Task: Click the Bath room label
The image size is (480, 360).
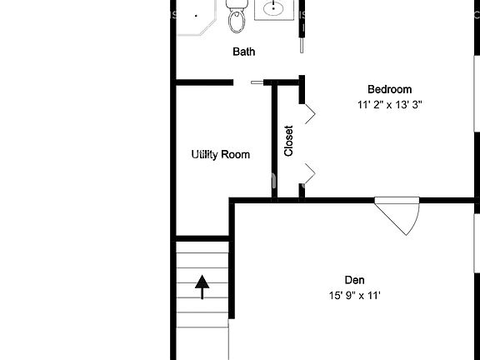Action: click(x=243, y=52)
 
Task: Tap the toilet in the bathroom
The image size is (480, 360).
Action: click(x=237, y=17)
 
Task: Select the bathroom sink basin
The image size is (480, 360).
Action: click(x=273, y=9)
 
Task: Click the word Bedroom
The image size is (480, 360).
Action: click(x=390, y=90)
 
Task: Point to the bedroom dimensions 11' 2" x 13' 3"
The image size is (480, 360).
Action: click(x=390, y=105)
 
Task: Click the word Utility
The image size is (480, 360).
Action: click(x=206, y=155)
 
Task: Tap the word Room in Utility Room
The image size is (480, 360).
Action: click(x=236, y=155)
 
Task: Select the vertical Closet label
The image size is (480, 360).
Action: click(x=288, y=141)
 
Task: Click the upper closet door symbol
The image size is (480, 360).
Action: click(x=307, y=113)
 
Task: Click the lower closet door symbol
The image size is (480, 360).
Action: click(x=307, y=173)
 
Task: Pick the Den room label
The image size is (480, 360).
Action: click(x=354, y=280)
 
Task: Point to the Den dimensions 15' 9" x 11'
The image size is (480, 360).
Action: click(x=354, y=295)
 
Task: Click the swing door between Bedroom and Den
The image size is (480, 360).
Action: click(x=399, y=215)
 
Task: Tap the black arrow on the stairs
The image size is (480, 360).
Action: click(x=202, y=287)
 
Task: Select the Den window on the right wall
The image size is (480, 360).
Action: click(x=477, y=242)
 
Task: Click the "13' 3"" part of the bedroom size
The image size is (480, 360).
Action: click(x=415, y=105)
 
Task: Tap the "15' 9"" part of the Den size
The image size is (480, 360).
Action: click(x=340, y=295)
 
